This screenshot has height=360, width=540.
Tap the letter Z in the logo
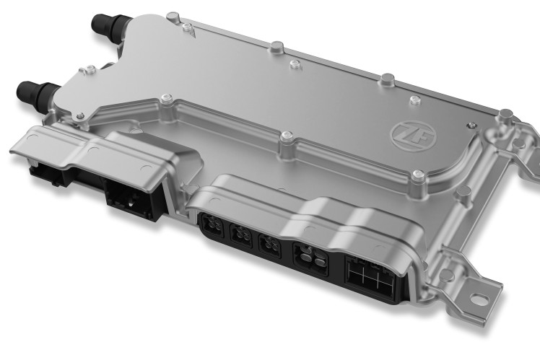(403, 134)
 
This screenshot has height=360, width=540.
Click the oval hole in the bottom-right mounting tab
(479, 297)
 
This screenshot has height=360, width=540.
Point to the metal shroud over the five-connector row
(310, 216)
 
